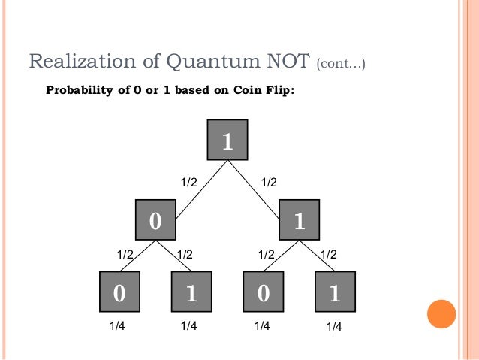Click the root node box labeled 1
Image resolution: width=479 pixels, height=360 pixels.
[x=227, y=141]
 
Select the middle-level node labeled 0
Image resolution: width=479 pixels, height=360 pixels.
[x=155, y=220]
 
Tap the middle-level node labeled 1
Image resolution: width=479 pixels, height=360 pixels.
[x=300, y=220]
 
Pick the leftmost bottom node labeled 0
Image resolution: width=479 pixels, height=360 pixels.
[x=119, y=292]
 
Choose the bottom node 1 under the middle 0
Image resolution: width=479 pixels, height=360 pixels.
[x=191, y=292]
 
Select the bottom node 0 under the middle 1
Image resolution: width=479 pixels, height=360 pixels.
[x=264, y=292]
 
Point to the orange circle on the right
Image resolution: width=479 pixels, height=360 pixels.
[x=441, y=313]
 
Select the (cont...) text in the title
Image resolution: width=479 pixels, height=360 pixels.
[x=341, y=63]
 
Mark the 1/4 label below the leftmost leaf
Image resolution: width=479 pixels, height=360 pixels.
[x=118, y=326]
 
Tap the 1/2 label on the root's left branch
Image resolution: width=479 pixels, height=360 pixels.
[x=188, y=182]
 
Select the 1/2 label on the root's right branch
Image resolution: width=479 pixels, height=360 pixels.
[x=269, y=182]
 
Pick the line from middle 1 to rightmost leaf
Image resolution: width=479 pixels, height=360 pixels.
[x=316, y=256]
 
